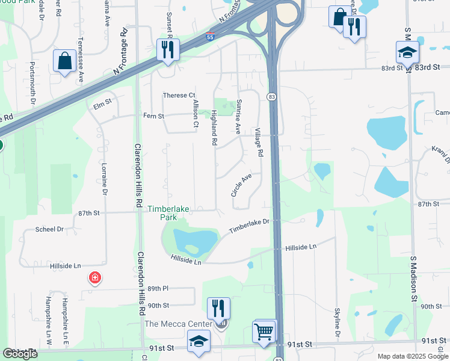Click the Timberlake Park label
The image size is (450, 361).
point(169,213)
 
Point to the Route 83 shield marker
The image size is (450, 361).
point(273,97)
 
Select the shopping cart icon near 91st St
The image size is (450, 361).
point(265,331)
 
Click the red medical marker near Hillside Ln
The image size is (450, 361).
point(94,278)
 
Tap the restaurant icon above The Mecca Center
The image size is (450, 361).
point(218,309)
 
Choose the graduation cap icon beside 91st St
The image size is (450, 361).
point(199,341)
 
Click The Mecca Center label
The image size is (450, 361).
point(178,324)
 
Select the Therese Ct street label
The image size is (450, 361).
point(179,96)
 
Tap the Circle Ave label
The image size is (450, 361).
point(241,185)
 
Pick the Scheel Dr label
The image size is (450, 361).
point(49,229)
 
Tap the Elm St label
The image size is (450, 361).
point(103,105)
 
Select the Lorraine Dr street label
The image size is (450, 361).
point(104,179)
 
